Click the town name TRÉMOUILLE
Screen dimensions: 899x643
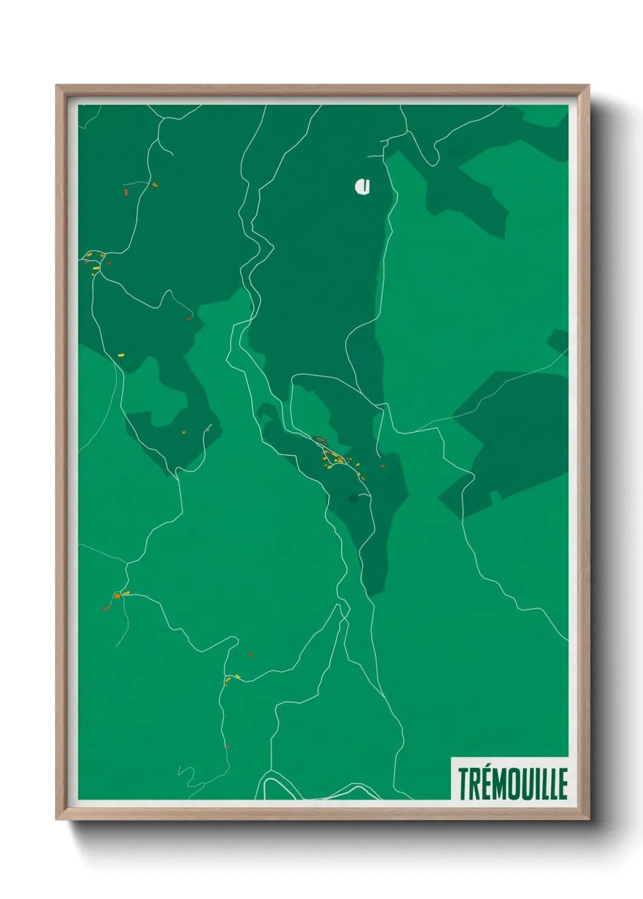click(x=512, y=783)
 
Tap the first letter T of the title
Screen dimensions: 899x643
click(x=464, y=784)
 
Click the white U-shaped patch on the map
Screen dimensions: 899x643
click(x=363, y=186)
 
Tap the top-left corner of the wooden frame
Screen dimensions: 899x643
click(x=57, y=86)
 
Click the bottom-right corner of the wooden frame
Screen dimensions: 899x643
click(x=588, y=818)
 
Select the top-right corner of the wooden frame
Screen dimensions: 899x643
click(x=588, y=86)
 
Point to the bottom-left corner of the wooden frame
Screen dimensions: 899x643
click(x=57, y=818)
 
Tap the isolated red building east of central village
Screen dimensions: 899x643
click(x=382, y=466)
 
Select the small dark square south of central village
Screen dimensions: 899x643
click(x=353, y=499)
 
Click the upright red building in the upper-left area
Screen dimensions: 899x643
click(x=126, y=192)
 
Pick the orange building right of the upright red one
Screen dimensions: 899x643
click(x=155, y=184)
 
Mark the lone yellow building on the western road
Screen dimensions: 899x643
click(x=121, y=354)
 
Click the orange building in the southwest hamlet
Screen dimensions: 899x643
click(x=117, y=596)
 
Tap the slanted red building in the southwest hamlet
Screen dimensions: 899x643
click(x=106, y=607)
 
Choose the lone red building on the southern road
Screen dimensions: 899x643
click(x=228, y=747)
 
